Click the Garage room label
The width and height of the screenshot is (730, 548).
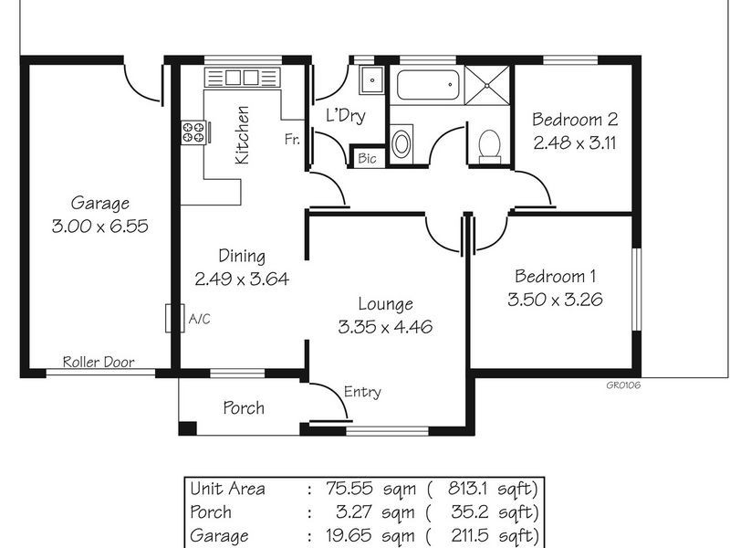[100, 204]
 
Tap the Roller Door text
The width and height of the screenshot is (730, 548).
[98, 363]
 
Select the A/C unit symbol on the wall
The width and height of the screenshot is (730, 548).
[170, 319]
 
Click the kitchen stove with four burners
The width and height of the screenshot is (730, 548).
[193, 132]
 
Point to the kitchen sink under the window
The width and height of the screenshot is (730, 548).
[242, 78]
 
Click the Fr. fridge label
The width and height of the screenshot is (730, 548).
[292, 140]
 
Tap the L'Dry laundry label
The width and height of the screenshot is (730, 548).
[346, 117]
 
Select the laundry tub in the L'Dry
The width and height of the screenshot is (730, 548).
[371, 80]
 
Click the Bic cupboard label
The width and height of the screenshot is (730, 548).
[367, 158]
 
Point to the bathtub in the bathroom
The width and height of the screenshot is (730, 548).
[426, 88]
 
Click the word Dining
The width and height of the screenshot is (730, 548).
[241, 256]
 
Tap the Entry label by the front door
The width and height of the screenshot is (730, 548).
[362, 393]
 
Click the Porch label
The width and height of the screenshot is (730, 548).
[244, 407]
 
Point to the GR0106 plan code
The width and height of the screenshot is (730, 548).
[622, 385]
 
